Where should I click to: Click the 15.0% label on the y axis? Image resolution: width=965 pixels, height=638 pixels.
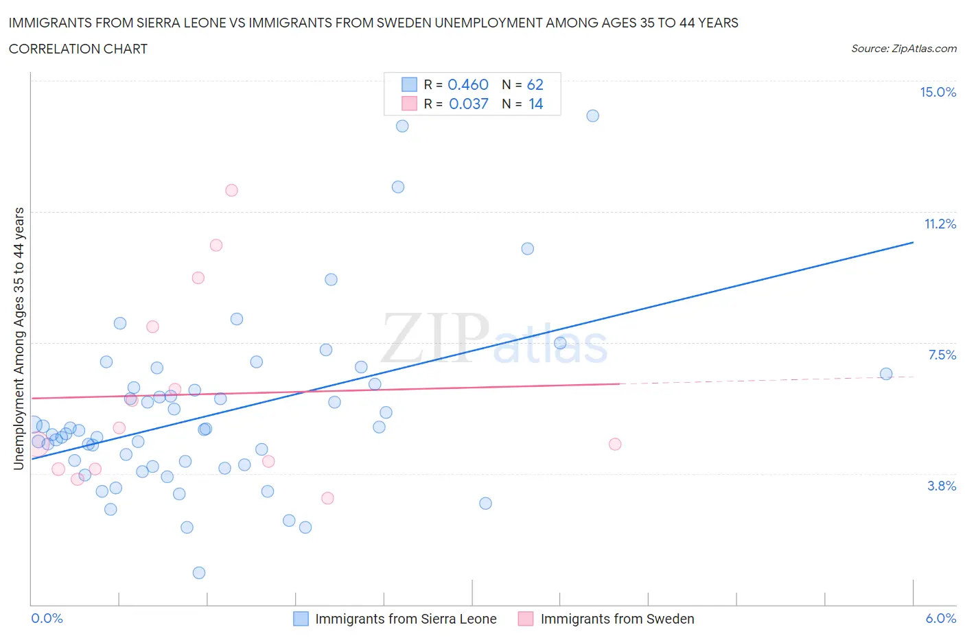(938, 93)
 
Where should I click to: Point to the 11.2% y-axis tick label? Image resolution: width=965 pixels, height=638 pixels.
(940, 224)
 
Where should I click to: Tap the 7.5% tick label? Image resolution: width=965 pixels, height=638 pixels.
(942, 355)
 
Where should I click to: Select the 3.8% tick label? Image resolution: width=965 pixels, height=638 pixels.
(942, 486)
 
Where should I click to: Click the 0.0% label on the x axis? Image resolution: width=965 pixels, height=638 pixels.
(47, 618)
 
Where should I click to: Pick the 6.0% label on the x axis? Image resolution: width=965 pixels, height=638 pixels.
(940, 618)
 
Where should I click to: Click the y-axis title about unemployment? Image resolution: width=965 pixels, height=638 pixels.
(19, 339)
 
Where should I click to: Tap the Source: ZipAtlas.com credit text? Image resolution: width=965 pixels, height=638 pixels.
(903, 48)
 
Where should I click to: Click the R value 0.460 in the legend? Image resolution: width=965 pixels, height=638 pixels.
(467, 84)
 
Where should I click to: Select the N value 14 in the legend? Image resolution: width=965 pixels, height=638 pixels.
(535, 104)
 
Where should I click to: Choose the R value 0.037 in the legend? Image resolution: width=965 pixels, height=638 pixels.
(468, 104)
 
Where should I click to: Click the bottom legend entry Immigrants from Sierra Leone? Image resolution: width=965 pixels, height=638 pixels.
(405, 619)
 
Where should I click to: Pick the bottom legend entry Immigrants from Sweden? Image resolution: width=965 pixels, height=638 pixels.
(616, 619)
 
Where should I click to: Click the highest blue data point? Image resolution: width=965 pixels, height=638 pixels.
(593, 116)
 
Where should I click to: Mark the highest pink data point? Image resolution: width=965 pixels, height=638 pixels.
(231, 190)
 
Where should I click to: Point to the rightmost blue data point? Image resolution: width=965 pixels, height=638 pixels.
(886, 374)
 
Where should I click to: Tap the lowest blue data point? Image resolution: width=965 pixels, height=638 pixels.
(199, 573)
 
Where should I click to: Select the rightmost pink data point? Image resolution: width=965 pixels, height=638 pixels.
(615, 444)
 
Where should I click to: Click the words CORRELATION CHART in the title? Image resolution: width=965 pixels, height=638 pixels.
(78, 49)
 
